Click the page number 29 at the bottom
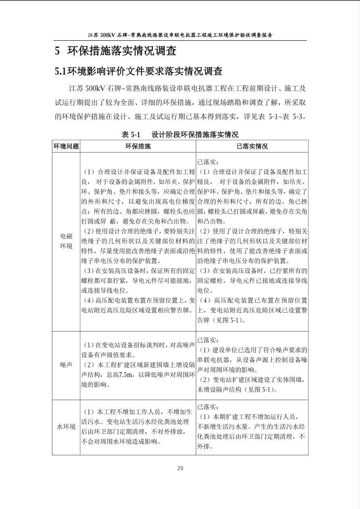click(x=180, y=468)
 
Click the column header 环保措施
click(x=138, y=146)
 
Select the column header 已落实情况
click(x=252, y=146)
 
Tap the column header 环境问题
click(x=66, y=146)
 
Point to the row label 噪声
click(x=66, y=365)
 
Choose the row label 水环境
click(x=66, y=427)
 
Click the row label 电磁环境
click(x=66, y=241)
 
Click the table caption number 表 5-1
click(x=130, y=135)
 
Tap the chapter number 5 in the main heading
click(x=58, y=51)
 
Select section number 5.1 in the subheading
click(x=61, y=71)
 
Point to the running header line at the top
click(x=180, y=35)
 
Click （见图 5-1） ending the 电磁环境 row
click(x=227, y=320)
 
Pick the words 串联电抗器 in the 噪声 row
click(x=213, y=360)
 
